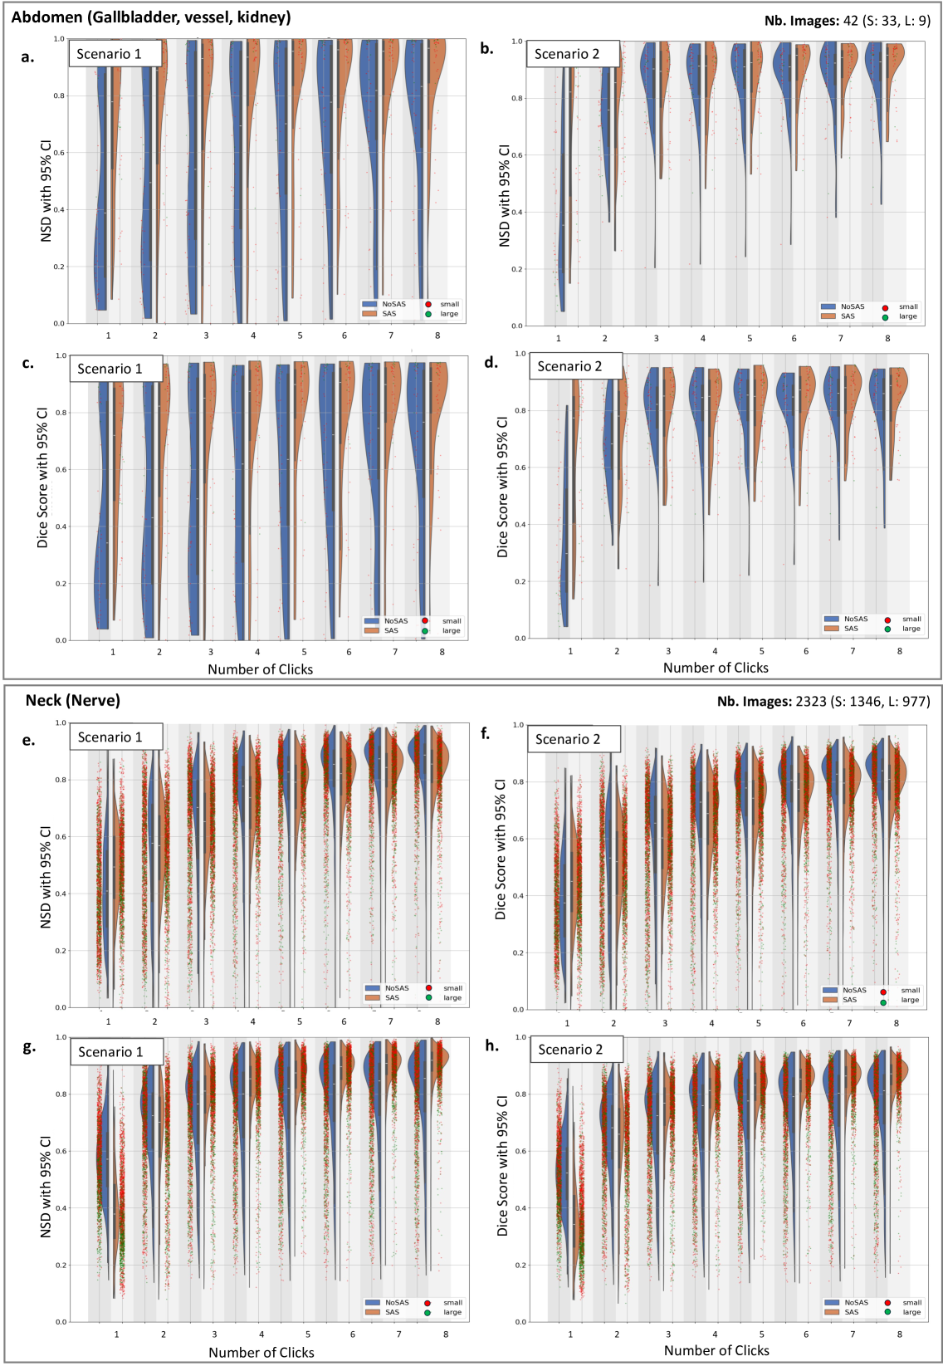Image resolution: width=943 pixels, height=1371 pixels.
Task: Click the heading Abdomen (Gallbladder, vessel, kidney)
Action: [x=151, y=17]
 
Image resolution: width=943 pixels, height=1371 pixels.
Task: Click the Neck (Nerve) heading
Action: [x=73, y=700]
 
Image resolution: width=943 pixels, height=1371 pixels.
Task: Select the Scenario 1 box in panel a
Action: [x=115, y=54]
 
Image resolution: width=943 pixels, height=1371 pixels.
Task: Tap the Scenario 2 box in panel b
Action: [x=573, y=54]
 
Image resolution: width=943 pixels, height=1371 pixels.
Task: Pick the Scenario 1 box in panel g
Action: [x=116, y=1051]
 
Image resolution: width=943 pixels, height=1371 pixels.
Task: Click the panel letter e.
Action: [x=28, y=740]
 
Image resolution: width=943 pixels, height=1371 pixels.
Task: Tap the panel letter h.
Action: [x=492, y=1045]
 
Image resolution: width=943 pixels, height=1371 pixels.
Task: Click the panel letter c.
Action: [x=28, y=363]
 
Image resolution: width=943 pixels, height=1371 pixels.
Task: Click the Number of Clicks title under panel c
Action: [x=260, y=669]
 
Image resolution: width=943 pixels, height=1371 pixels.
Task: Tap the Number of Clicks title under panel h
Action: [x=716, y=1351]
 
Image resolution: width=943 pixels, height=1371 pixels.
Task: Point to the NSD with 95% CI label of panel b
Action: [x=504, y=196]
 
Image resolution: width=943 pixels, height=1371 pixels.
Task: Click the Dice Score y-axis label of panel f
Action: [x=501, y=849]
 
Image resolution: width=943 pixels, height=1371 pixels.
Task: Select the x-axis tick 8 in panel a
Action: [x=437, y=335]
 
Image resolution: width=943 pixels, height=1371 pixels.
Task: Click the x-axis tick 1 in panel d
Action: [x=570, y=651]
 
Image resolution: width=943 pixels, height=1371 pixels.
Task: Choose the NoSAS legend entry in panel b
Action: [x=843, y=306]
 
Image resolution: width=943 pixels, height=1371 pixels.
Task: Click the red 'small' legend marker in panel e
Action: [x=428, y=988]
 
